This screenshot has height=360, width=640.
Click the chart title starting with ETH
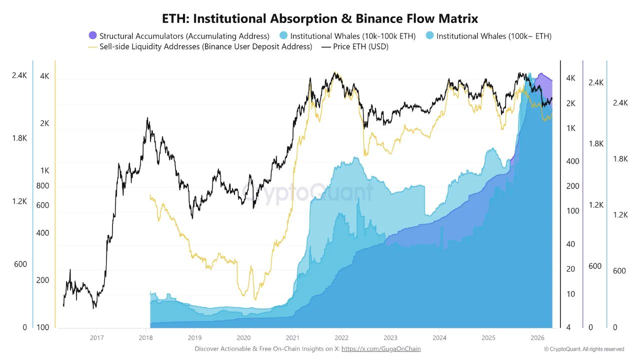[320, 19]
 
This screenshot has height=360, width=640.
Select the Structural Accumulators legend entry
[184, 36]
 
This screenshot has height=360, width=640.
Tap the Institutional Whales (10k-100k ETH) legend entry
[352, 36]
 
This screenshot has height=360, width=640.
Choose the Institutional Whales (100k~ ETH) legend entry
[493, 36]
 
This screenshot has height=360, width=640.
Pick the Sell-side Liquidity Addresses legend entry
[205, 46]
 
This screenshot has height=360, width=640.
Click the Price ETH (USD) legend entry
[360, 46]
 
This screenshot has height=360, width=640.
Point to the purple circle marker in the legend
[92, 35]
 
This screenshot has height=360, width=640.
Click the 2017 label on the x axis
[97, 338]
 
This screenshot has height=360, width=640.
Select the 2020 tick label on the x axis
[243, 338]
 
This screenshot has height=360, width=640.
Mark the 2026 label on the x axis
[537, 338]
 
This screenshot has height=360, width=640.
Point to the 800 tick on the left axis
[43, 186]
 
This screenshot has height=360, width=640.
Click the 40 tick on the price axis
[570, 244]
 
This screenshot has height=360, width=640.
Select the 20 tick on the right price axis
[570, 269]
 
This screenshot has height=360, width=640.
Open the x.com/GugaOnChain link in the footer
[381, 349]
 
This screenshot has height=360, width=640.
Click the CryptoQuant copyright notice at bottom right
[584, 349]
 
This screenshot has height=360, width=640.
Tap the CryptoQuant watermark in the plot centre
[308, 192]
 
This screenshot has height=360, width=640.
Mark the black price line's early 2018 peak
[147, 118]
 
